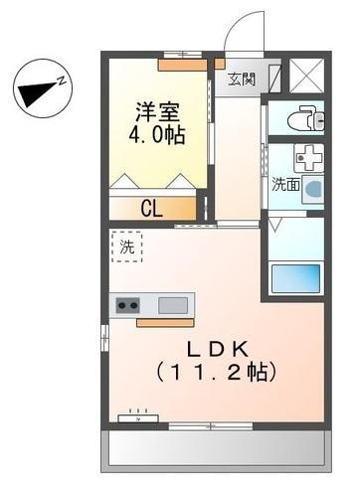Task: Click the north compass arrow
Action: (x=37, y=92)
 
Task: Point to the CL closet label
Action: (x=151, y=208)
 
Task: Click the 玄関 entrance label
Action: (x=242, y=80)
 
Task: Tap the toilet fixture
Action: (x=301, y=120)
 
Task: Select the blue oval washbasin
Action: (x=313, y=188)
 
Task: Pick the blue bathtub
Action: (x=296, y=277)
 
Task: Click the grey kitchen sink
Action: (x=173, y=305)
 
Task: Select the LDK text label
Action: (x=216, y=350)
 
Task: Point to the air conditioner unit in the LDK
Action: (x=133, y=417)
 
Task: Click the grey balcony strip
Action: (x=214, y=451)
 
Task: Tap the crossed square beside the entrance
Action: (x=304, y=76)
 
